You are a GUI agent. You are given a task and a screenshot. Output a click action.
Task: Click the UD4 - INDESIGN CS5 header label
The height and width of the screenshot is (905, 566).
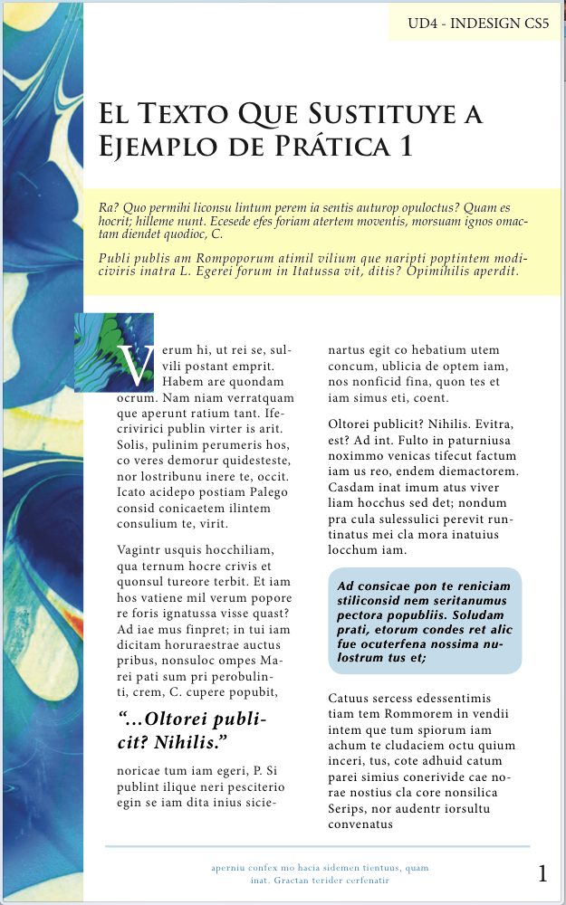pyautogui.click(x=478, y=24)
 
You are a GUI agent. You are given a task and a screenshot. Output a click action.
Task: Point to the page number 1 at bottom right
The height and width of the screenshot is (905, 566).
pyautogui.click(x=542, y=873)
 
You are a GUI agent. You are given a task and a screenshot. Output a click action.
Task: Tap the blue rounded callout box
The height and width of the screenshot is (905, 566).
pyautogui.click(x=425, y=621)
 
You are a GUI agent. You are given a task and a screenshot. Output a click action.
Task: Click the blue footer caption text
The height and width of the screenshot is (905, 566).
pyautogui.click(x=320, y=873)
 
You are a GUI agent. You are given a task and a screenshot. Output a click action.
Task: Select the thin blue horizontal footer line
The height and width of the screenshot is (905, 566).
pyautogui.click(x=317, y=847)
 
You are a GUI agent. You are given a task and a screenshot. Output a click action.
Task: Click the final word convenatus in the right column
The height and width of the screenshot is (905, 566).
pyautogui.click(x=360, y=824)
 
